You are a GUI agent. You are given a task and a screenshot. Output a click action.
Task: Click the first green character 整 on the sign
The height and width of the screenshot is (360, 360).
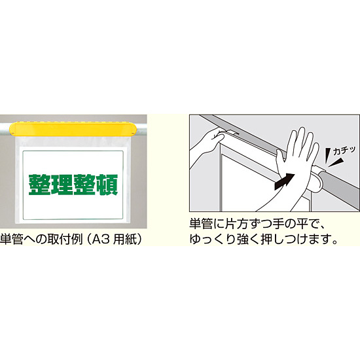39,185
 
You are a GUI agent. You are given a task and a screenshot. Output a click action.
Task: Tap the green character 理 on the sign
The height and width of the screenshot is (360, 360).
62,185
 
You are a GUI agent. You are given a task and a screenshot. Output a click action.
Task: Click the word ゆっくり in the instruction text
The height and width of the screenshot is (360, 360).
216,240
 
